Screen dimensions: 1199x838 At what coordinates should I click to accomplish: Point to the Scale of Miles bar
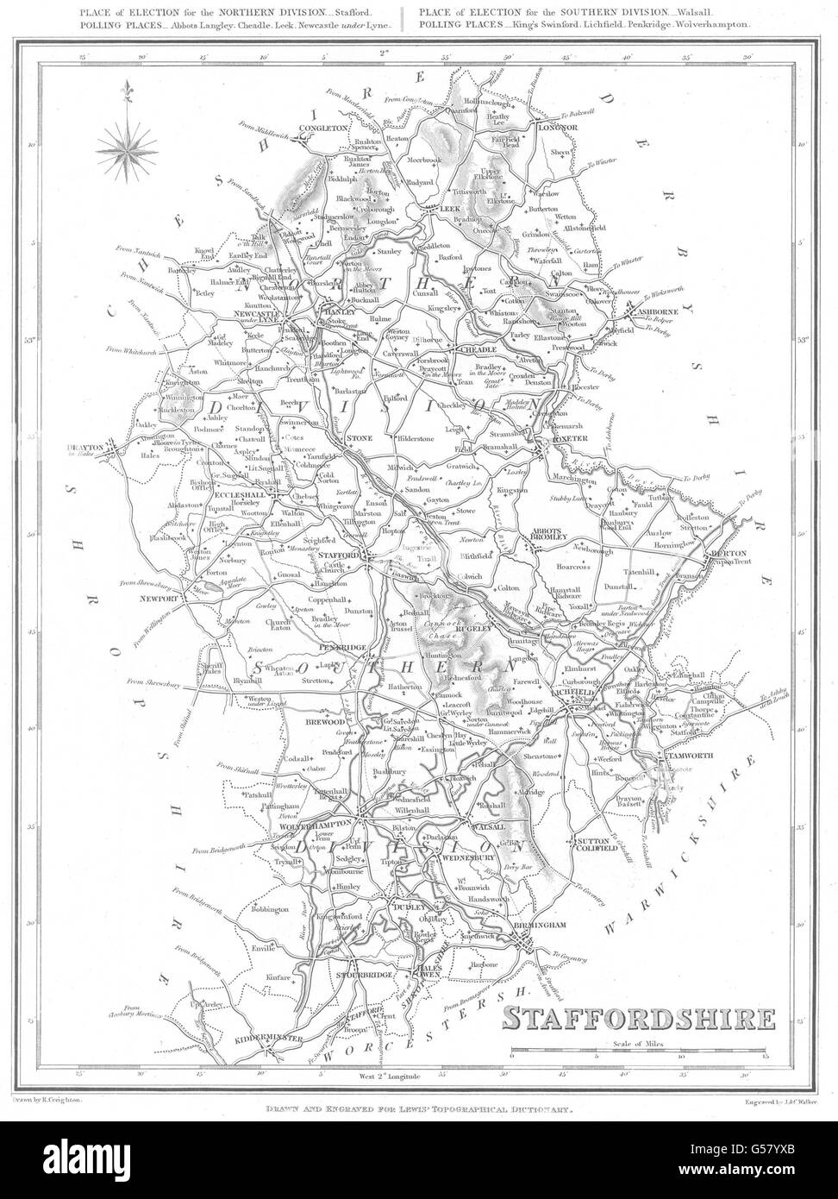click(x=637, y=1052)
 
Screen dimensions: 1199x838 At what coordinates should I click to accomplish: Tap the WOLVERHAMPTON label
click(x=316, y=825)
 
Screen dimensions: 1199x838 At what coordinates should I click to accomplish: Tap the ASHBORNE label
click(x=662, y=315)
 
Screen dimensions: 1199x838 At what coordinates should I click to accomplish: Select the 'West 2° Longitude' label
click(x=388, y=1077)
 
